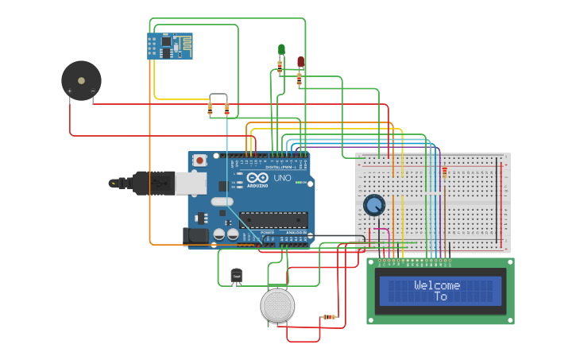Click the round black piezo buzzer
[81, 81]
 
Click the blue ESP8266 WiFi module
[169, 45]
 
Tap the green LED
[281, 50]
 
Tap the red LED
[300, 61]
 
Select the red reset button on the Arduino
[199, 160]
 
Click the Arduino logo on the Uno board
[257, 179]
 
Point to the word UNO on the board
[282, 178]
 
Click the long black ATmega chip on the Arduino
[273, 219]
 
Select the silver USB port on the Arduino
[190, 184]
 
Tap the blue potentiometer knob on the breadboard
[373, 205]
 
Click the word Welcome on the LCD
[437, 285]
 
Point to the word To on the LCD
[440, 296]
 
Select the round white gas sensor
[277, 305]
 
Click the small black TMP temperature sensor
[236, 276]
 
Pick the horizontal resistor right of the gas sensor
[329, 317]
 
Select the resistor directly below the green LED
[280, 68]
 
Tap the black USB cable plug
[154, 183]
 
